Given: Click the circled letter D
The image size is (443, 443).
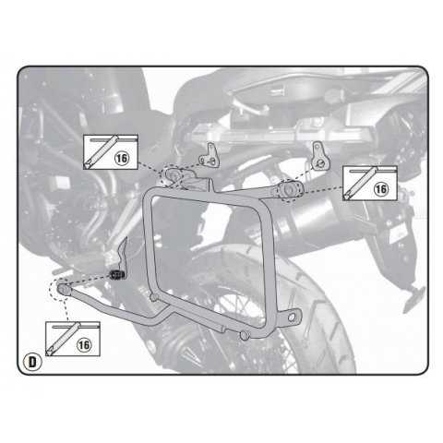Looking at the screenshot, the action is coord(32,362).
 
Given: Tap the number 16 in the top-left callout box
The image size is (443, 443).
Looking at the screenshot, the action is coord(122,158).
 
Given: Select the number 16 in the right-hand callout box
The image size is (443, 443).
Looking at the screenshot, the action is coord(381,189).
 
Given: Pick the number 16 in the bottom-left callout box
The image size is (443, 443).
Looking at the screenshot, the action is coord(84,345).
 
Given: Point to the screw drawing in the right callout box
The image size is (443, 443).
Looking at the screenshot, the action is coord(360,183).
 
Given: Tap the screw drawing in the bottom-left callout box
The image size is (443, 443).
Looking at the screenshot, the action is coord(63,339).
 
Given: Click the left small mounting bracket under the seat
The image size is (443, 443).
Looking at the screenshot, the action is coord(210,155).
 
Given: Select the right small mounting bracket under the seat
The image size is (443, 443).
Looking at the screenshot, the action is coord(320,156).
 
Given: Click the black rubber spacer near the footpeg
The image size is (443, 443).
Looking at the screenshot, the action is coord(117,274).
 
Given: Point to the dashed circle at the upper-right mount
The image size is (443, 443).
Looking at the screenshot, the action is coord(289,191).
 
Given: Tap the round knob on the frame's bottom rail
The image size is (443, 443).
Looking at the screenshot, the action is coord(245,335).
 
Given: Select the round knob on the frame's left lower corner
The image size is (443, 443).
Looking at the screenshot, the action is coord(153,297).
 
